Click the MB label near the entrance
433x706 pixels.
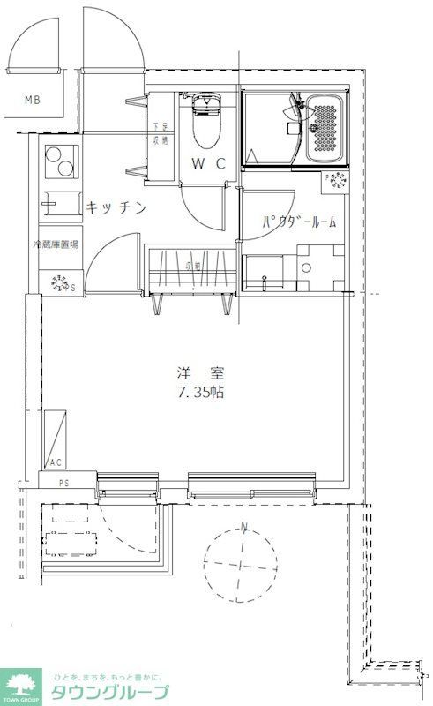click(x=32, y=100)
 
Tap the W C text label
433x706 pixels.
click(x=209, y=163)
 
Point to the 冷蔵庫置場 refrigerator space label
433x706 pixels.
click(x=55, y=244)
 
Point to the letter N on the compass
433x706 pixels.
click(x=244, y=529)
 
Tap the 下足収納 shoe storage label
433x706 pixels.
click(x=160, y=133)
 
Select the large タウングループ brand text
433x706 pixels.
click(x=108, y=691)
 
